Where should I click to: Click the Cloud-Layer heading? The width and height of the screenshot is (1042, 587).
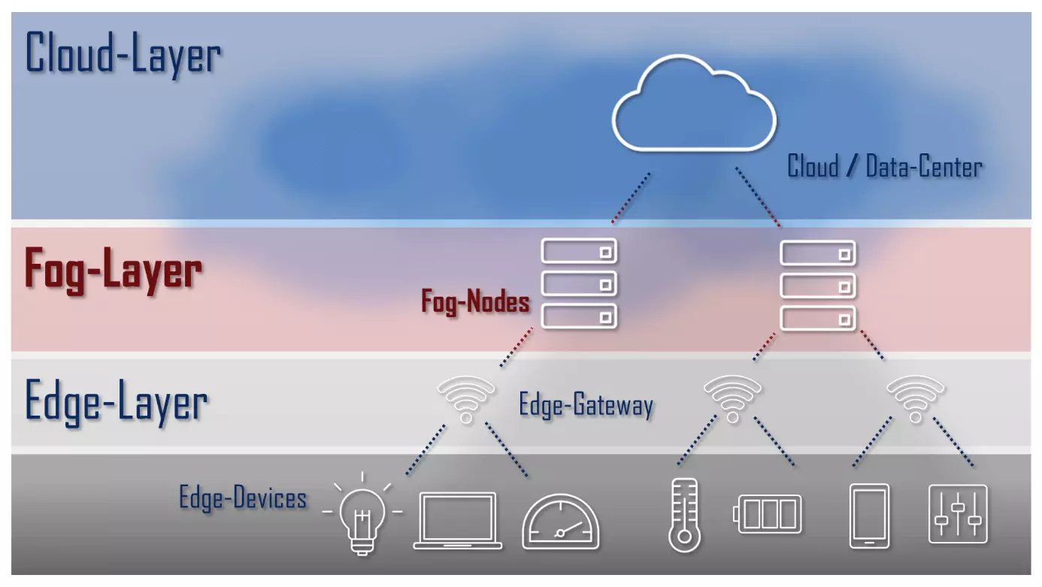tap(123, 54)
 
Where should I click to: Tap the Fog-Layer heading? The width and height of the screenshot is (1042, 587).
tap(114, 270)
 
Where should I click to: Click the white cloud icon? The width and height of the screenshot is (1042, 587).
tap(693, 103)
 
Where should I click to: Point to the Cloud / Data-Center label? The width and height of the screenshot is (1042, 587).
tap(885, 166)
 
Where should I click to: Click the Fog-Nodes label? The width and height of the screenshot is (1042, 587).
tap(475, 302)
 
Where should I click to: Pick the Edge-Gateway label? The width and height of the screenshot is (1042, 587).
tap(586, 406)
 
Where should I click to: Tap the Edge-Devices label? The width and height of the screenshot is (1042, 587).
tap(243, 498)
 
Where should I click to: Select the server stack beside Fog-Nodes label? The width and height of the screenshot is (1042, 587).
tap(579, 283)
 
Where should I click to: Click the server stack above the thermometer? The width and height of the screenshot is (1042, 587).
tap(818, 285)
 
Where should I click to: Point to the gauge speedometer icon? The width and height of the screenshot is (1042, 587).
tap(560, 521)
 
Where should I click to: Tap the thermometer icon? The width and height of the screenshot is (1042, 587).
tap(683, 515)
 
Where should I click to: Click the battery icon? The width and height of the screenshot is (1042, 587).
tap(767, 514)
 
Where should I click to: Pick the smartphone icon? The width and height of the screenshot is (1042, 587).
tap(868, 516)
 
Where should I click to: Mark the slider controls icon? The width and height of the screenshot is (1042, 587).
tap(958, 514)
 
